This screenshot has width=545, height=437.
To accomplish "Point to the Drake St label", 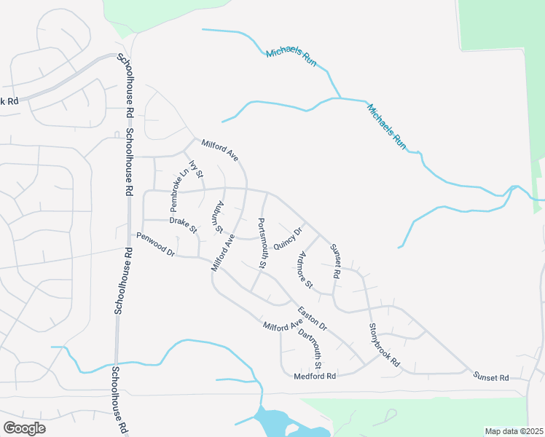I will [183, 224].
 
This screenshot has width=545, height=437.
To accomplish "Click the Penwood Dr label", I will [156, 244].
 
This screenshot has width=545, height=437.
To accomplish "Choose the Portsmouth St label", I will [263, 243].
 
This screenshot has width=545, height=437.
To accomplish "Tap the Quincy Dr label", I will [288, 237].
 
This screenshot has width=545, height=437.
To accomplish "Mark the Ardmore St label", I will [305, 269].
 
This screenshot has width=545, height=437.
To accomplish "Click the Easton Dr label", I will [312, 317].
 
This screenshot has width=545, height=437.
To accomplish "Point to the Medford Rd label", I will [315, 377].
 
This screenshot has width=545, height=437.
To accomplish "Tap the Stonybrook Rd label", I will [384, 345].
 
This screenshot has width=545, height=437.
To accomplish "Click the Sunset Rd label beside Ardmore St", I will [336, 262].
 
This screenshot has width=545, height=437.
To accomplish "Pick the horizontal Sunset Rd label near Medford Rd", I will [491, 377].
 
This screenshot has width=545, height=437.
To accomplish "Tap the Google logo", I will [24, 428].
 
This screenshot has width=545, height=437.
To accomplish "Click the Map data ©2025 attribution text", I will [514, 431].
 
